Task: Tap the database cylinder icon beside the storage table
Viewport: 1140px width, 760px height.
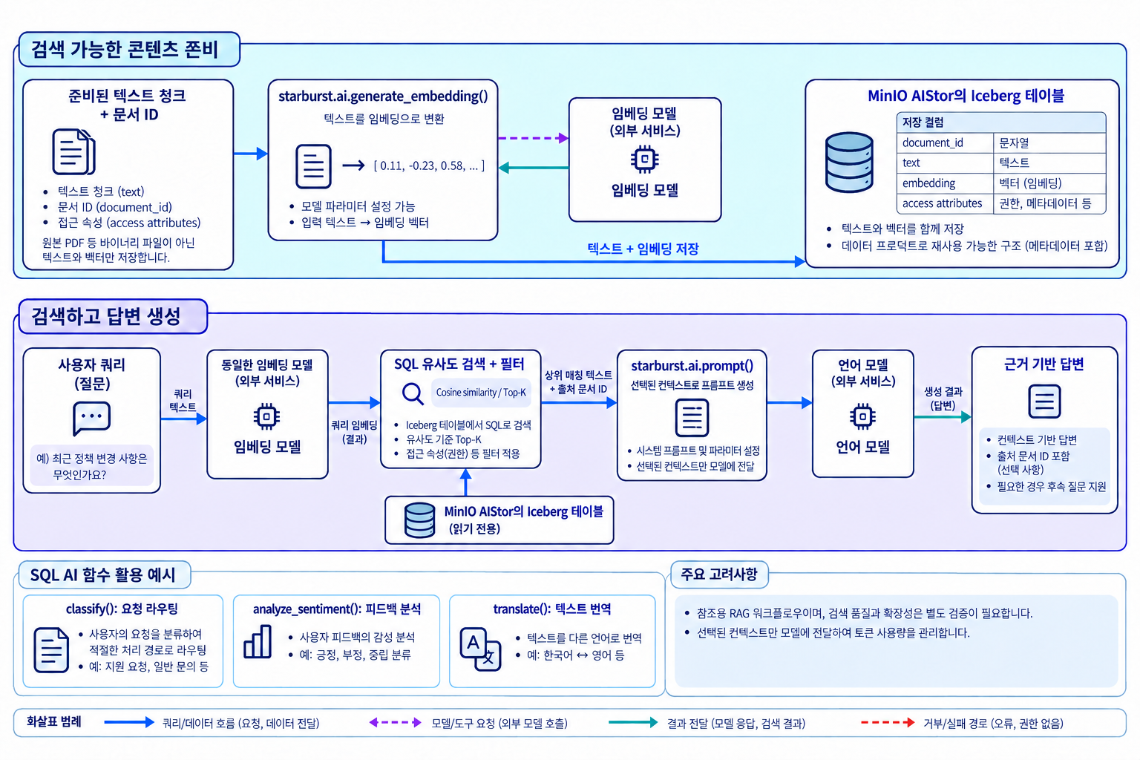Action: (849, 163)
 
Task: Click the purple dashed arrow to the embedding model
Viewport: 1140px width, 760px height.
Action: (534, 138)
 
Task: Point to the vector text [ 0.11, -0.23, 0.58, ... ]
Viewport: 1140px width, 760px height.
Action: (429, 166)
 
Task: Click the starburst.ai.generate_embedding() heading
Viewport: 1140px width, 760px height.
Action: (383, 96)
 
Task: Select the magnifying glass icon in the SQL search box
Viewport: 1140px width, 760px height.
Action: (413, 393)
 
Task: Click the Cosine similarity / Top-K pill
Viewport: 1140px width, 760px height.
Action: (481, 393)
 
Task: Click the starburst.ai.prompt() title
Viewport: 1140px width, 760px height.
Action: (692, 365)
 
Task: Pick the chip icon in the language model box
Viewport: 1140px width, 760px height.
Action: (862, 417)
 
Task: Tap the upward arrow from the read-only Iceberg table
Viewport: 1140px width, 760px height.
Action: (465, 482)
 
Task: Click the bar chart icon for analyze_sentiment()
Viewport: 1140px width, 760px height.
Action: (258, 642)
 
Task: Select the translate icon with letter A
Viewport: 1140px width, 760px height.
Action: (480, 649)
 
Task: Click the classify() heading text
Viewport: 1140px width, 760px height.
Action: (122, 609)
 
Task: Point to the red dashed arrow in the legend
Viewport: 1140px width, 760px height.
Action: (888, 722)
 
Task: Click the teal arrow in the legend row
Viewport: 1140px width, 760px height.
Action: (633, 722)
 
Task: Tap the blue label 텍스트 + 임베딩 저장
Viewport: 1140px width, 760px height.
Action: (643, 249)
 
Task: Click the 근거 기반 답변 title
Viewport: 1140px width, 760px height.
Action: (1044, 364)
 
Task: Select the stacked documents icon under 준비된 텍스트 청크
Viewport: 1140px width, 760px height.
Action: (74, 151)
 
